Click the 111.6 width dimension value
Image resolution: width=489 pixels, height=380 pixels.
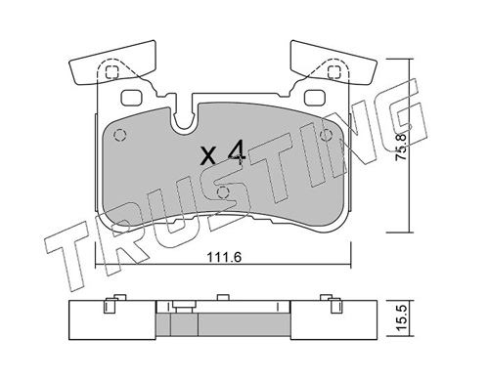coord(224,258)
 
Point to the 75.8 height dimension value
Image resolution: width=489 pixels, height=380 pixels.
coord(401,147)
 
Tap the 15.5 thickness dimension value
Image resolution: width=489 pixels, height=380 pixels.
coord(401,318)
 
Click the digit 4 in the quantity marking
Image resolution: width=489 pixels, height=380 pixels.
coord(237,152)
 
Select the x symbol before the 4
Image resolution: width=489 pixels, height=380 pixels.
coord(208,155)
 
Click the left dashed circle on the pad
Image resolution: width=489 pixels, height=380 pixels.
coord(119,135)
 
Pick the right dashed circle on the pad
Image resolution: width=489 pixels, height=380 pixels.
coord(326,135)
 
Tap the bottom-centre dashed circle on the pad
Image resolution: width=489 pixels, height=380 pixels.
coord(223,191)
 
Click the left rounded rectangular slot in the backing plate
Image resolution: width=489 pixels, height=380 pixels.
coord(132,98)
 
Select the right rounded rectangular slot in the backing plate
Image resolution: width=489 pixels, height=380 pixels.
coord(315,98)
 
